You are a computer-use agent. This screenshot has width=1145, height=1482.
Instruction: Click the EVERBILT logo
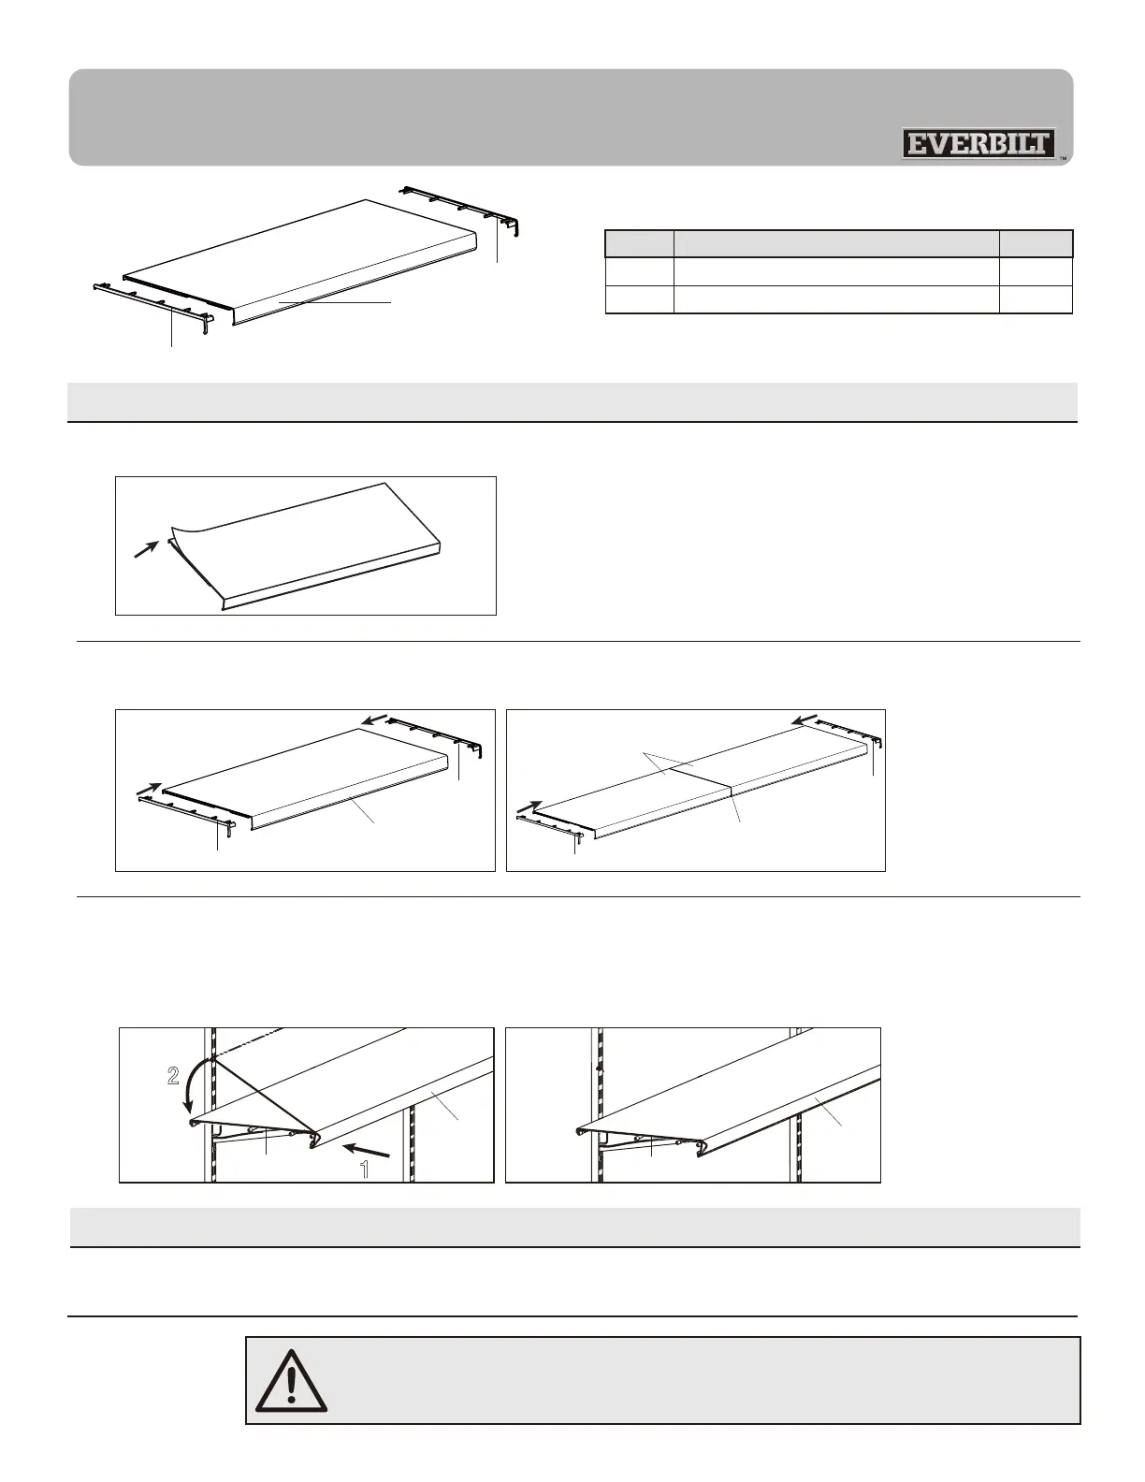point(978,144)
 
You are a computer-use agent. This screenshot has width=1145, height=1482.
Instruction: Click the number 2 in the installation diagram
point(173,1077)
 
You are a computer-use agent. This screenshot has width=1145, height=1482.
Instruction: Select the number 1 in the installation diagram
point(365,1169)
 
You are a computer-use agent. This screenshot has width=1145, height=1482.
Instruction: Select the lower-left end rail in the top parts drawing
point(154,302)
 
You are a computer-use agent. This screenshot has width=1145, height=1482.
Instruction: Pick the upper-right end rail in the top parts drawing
point(463,205)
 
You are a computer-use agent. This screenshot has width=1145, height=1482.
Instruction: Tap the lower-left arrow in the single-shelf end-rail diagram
point(148,792)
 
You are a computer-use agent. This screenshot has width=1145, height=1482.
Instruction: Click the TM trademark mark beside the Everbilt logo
point(1064,158)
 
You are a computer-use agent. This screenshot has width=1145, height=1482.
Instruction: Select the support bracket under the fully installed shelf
point(645,1141)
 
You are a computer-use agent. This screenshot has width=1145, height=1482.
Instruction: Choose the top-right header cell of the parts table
point(1036,243)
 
